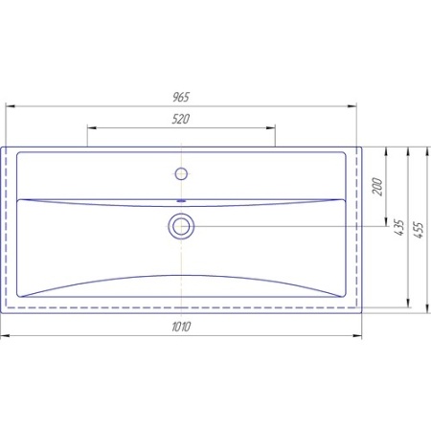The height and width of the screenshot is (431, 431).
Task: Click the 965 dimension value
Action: (181, 97)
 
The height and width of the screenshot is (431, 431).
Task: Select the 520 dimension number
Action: (181, 119)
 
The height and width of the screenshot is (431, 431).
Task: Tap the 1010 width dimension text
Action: (181, 327)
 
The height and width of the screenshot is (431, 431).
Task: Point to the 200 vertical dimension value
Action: (377, 187)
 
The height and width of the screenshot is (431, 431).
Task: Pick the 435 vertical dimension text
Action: (399, 228)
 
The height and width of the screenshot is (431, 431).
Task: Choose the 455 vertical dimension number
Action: (419, 230)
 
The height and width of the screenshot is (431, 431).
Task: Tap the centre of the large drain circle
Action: (181, 226)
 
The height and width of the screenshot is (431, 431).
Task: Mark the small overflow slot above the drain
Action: (181, 201)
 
